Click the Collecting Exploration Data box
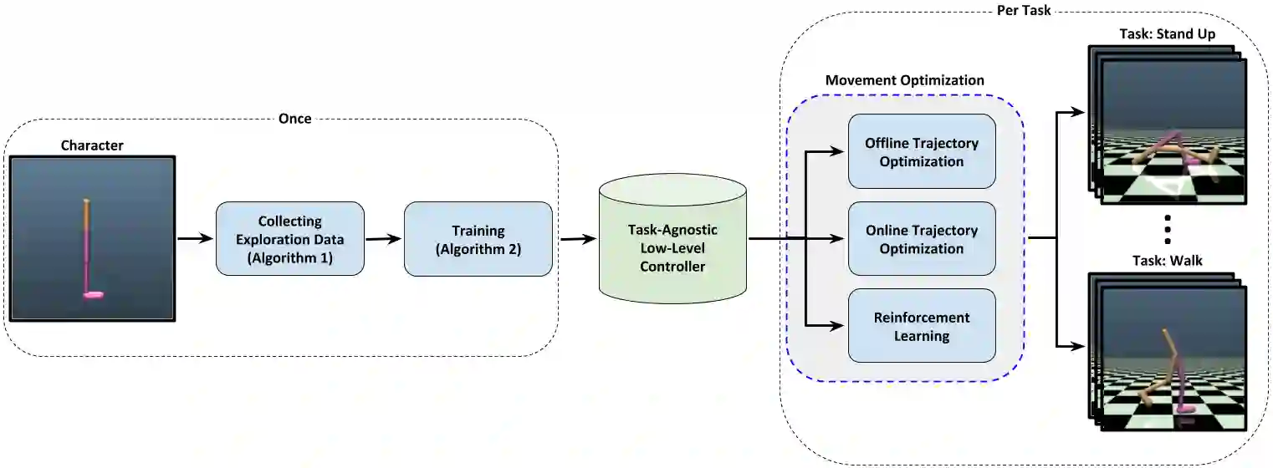click(x=290, y=238)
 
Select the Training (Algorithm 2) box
click(x=478, y=239)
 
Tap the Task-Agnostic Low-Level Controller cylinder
click(x=672, y=238)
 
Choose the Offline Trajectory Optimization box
click(x=922, y=151)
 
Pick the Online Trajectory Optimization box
click(x=922, y=238)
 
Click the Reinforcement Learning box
click(x=922, y=325)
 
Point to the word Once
click(x=295, y=119)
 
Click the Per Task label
click(x=1024, y=10)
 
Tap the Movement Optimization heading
click(x=905, y=80)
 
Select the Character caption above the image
click(x=92, y=145)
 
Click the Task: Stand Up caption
click(x=1168, y=34)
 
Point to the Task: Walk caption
click(x=1168, y=261)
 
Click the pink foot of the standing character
click(x=93, y=295)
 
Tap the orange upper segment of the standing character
click(x=86, y=215)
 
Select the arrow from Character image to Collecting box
click(x=195, y=238)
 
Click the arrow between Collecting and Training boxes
click(x=384, y=238)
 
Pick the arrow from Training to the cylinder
click(x=579, y=238)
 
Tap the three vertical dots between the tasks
click(x=1168, y=230)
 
